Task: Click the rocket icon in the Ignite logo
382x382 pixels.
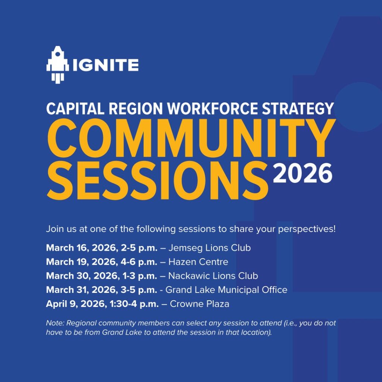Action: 57,65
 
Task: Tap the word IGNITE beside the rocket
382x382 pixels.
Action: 106,65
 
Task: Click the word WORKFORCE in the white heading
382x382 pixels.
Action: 212,109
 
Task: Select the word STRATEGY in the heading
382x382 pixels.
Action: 298,109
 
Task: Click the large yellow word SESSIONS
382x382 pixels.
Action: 157,181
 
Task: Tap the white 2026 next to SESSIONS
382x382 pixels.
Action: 302,173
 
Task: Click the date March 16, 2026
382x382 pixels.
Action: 81,248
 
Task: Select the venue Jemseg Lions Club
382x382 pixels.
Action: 210,248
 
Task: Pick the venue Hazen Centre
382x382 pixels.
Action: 198,262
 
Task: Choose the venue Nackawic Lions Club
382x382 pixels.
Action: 213,276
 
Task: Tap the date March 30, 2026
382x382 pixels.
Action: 81,276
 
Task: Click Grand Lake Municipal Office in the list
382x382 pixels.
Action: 226,290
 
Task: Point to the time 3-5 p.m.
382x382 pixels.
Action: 139,290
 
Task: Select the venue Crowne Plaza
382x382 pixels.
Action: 200,304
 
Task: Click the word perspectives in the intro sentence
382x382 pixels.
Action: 307,229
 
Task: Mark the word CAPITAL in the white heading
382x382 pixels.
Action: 75,109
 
